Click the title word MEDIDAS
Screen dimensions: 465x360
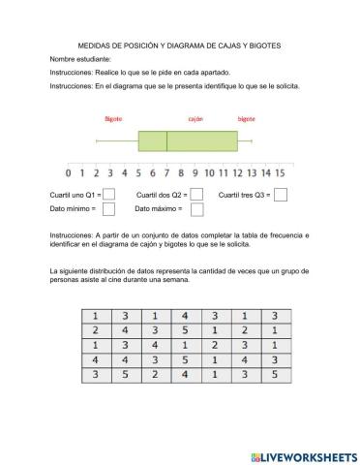point(95,46)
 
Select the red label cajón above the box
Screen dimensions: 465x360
point(195,119)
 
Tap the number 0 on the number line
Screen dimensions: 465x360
point(69,173)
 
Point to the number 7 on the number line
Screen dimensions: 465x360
point(166,173)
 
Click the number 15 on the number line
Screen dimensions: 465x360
point(277,173)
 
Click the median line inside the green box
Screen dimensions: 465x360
point(166,141)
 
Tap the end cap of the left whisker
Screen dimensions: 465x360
point(97,141)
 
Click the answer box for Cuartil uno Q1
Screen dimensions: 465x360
point(108,195)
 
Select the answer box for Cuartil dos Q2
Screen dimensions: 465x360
point(196,195)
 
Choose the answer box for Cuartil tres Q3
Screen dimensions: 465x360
point(281,195)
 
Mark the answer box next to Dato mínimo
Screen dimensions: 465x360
point(108,208)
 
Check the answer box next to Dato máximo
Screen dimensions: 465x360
point(190,208)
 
